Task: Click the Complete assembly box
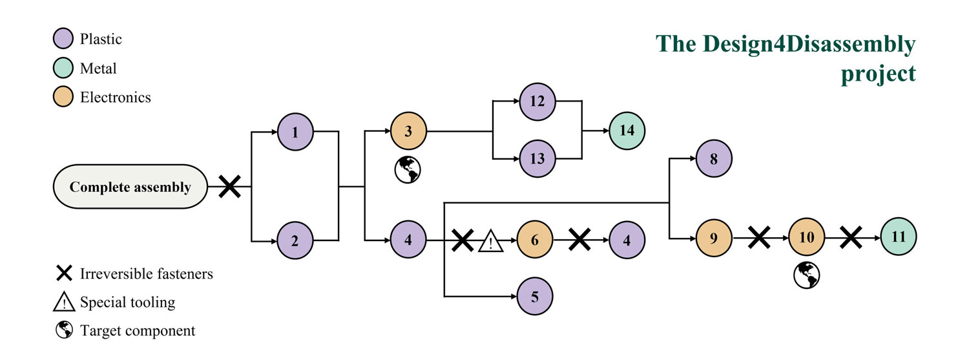(x=130, y=187)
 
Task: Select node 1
(x=295, y=132)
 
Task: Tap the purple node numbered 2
(x=295, y=240)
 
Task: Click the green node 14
(x=627, y=130)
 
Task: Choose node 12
(x=537, y=101)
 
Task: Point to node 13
(x=537, y=158)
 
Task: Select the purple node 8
(x=713, y=158)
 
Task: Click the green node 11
(x=899, y=237)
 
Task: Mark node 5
(x=535, y=297)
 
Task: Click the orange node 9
(x=713, y=237)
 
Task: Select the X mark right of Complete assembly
(x=229, y=187)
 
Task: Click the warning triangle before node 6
(x=491, y=242)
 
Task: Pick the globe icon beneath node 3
(x=408, y=169)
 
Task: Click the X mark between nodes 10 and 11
(x=851, y=237)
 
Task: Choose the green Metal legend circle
(x=63, y=68)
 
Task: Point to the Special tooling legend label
(x=127, y=302)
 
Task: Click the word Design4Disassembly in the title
(x=809, y=44)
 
